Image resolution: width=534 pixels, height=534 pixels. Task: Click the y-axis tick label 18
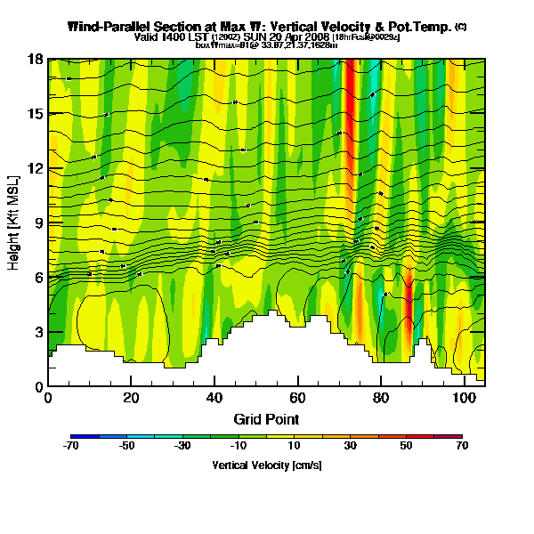36,60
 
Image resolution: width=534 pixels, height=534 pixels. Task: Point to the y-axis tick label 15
36,114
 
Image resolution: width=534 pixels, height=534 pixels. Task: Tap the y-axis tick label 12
36,168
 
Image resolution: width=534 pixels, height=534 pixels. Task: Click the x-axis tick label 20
131,398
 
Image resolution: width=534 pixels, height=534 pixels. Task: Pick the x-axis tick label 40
214,398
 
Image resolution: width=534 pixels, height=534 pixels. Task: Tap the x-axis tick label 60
297,398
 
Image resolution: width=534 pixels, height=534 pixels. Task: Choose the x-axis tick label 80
381,398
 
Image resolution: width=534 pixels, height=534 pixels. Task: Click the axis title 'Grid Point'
266,418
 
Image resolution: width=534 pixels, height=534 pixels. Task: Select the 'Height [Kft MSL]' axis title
15,222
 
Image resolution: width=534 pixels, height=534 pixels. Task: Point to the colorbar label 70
462,446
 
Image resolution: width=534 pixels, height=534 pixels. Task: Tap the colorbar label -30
182,446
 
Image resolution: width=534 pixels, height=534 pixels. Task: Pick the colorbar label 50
406,446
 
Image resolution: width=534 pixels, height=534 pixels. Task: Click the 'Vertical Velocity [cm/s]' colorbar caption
266,465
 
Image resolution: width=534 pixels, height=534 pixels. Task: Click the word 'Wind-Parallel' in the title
103,27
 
